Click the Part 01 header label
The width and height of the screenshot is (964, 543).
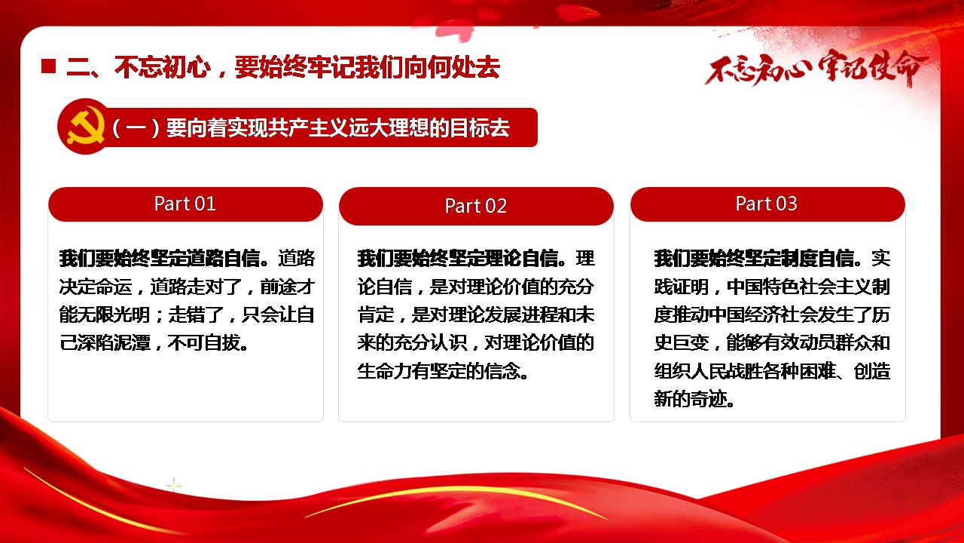pos(185,204)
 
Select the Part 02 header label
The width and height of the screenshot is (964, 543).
pos(476,206)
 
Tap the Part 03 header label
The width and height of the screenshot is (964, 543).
pos(767,204)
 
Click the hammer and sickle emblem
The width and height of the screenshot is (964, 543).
pos(86,126)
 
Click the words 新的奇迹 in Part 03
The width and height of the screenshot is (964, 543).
pos(691,399)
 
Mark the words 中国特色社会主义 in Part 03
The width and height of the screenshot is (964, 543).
pos(799,286)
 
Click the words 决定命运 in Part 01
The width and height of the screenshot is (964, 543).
pos(96,286)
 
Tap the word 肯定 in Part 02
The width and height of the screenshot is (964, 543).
pos(375,314)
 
